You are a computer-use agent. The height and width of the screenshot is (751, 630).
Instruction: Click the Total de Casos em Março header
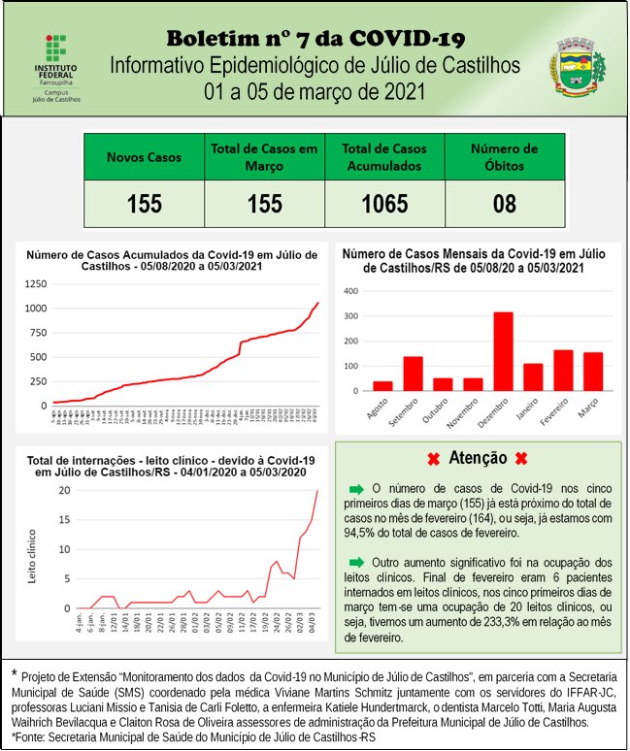click(x=264, y=157)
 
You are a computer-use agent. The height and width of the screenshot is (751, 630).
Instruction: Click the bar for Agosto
click(x=382, y=385)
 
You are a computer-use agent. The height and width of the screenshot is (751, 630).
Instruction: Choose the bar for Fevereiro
click(x=563, y=371)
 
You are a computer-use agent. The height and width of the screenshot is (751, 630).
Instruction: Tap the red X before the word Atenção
click(x=434, y=458)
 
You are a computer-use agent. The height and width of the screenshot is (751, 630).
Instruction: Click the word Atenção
click(x=479, y=458)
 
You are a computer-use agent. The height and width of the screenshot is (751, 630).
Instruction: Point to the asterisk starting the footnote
click(x=14, y=672)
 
